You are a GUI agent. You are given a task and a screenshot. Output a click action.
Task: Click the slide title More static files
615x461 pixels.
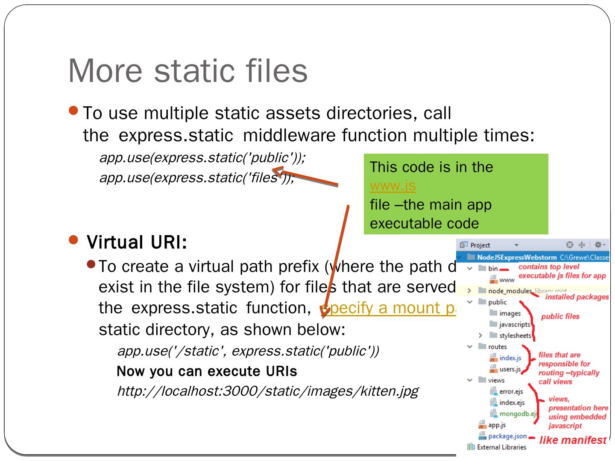coord(188,70)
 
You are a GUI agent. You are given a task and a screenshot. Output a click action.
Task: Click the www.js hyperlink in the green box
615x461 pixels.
coord(392,186)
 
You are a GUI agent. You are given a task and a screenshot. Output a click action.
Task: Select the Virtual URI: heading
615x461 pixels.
coord(137,242)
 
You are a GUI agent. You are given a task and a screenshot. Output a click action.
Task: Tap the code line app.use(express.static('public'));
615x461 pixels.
coord(202,158)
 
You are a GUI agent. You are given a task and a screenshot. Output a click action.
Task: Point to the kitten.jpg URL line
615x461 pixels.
coord(267,391)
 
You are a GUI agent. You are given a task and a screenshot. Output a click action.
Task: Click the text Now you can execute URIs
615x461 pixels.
coord(207,371)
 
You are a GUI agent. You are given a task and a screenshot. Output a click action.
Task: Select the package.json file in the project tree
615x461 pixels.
coord(507,436)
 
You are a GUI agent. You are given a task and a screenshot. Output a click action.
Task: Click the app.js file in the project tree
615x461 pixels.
coord(497,425)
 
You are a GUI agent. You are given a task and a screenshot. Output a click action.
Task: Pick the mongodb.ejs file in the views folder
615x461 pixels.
coord(518,414)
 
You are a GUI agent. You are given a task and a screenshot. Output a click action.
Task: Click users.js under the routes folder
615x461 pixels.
coord(510,369)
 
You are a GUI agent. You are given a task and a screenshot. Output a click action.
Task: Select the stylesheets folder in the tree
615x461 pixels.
coord(515,336)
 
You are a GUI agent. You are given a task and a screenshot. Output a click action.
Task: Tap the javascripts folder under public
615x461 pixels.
coord(514,324)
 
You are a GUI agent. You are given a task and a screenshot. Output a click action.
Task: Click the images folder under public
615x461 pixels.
coord(510,313)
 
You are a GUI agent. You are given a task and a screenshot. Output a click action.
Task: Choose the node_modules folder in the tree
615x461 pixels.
coord(510,291)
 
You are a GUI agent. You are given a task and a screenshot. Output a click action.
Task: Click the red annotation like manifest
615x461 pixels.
coord(573,440)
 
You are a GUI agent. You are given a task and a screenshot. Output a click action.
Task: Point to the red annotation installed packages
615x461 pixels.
coord(577,297)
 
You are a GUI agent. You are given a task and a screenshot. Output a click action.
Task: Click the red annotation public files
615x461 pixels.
coord(560,316)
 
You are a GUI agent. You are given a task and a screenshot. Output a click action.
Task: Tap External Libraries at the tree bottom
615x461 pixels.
coord(501,447)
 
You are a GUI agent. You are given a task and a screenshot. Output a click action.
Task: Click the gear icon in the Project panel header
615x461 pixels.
coord(598,245)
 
